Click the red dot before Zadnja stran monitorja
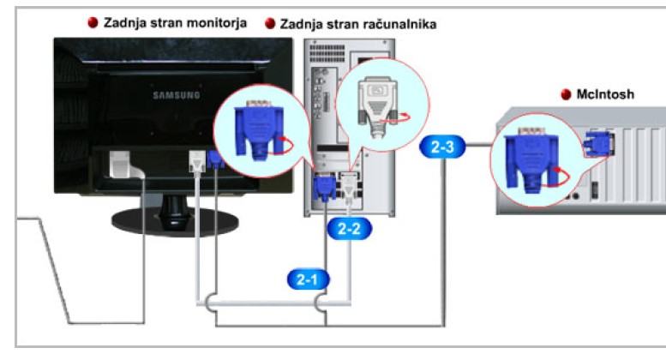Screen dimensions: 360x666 coord(93,22)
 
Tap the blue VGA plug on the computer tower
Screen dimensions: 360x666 coord(327,188)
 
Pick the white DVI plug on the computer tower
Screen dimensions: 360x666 coord(350,183)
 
